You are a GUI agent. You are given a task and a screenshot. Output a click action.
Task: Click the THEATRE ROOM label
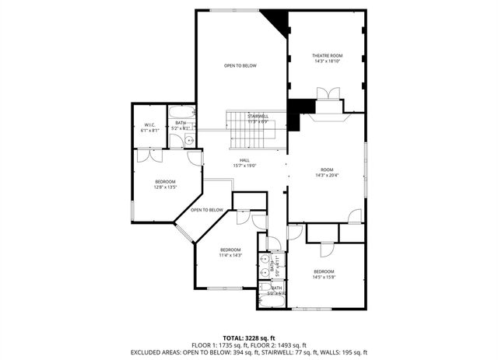click(x=328, y=58)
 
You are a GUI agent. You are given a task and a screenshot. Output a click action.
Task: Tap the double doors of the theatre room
click(x=328, y=93)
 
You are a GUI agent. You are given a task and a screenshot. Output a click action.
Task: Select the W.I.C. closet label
click(x=150, y=128)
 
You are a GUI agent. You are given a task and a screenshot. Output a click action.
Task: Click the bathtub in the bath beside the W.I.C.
click(x=182, y=116)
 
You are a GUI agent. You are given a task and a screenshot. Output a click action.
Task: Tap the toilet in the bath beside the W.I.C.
click(x=189, y=141)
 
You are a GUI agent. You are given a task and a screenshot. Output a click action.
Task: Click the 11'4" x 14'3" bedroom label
click(x=230, y=252)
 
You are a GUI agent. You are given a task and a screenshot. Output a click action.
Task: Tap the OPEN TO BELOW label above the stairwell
click(x=240, y=65)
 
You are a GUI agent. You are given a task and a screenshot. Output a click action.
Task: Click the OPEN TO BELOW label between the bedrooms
click(x=207, y=210)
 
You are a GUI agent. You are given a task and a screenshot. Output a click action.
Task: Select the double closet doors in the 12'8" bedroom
click(x=149, y=156)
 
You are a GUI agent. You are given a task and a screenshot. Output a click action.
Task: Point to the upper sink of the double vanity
click(x=265, y=260)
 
